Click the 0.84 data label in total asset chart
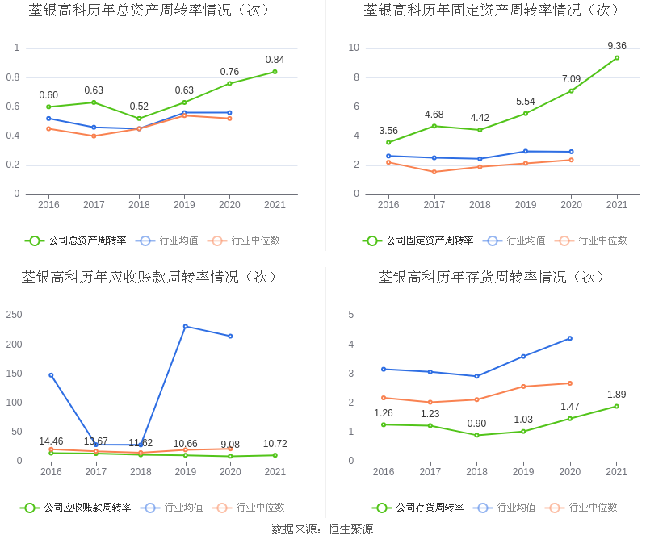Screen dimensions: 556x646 [275, 60]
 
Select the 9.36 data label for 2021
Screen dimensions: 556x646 [617, 46]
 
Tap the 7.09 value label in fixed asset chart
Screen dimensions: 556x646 [571, 79]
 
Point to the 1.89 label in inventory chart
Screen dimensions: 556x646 [616, 395]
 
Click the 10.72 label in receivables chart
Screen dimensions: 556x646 [275, 444]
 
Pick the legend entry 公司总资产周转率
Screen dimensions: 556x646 [76, 240]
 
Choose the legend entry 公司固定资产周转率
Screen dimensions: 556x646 [418, 240]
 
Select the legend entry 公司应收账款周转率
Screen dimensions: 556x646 [76, 508]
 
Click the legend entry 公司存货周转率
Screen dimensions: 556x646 [418, 508]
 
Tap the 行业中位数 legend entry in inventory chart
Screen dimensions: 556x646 [582, 508]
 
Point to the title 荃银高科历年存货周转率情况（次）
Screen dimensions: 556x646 [492, 278]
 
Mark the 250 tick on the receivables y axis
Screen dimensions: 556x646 [15, 315]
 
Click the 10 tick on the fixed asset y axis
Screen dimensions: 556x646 [354, 48]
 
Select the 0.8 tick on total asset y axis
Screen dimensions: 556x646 [13, 77]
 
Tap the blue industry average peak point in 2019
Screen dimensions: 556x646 [186, 326]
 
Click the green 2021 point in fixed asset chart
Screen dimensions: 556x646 [617, 57]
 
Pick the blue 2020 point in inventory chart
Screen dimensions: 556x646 [570, 338]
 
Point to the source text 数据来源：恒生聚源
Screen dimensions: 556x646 [322, 529]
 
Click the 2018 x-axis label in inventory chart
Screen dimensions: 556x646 [476, 472]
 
